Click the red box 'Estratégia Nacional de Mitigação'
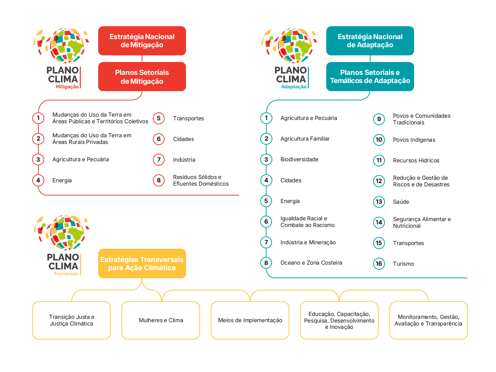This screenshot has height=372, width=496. pos(142,41)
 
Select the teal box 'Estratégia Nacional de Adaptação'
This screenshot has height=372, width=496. pos(370,41)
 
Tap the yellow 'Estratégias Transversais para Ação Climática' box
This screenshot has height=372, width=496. pos(142,263)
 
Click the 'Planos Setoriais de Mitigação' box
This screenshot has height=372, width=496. pos(142,77)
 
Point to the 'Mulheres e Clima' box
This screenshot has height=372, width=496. pos(161,320)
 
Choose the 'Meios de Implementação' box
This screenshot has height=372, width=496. pos(250,320)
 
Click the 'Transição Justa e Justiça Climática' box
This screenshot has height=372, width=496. pos(71,320)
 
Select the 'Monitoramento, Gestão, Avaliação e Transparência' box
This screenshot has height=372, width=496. pos(428,320)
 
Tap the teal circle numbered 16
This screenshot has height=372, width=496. pos(379,263)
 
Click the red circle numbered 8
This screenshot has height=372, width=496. pos(159,180)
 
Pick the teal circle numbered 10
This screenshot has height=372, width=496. pos(379,139)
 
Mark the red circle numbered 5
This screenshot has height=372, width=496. pos(159,118)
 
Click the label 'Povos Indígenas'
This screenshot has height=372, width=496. pos(414,140)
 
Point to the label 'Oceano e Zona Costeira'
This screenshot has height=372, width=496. pos(311,263)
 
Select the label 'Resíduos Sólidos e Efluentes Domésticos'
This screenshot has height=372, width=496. pos(201,180)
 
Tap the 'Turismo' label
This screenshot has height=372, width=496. pos(403,264)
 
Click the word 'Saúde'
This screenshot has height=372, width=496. pos(401,202)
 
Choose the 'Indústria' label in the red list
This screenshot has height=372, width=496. pos(184,160)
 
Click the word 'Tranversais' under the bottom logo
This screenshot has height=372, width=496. pos(66,274)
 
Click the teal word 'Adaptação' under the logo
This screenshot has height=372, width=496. pos(294,87)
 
